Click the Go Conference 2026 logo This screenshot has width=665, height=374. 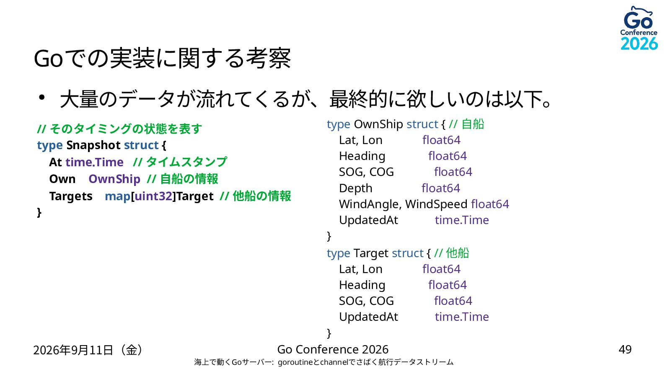pyautogui.click(x=639, y=28)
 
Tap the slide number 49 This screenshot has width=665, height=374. pyautogui.click(x=625, y=350)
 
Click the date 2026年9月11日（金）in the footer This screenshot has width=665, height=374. pyautogui.click(x=88, y=350)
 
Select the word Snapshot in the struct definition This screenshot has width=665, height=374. pyautogui.click(x=93, y=145)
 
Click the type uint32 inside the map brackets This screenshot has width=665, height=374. pyautogui.click(x=153, y=196)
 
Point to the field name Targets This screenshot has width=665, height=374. pyautogui.click(x=71, y=196)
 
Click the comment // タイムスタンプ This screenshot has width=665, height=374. pyautogui.click(x=180, y=162)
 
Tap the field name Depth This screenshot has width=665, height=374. pyautogui.click(x=355, y=188)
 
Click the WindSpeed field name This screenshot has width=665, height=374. pyautogui.click(x=436, y=204)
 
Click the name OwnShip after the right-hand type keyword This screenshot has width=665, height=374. pyautogui.click(x=378, y=124)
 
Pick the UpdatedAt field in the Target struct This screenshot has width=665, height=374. pyautogui.click(x=368, y=317)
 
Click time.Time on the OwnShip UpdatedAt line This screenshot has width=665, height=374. pyautogui.click(x=462, y=220)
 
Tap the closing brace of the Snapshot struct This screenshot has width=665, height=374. pyautogui.click(x=39, y=212)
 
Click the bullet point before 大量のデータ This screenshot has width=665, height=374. pyautogui.click(x=41, y=97)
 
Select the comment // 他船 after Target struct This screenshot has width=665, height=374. pyautogui.click(x=451, y=253)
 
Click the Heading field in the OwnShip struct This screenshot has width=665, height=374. pyautogui.click(x=362, y=156)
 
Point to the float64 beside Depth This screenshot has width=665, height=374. pyautogui.click(x=440, y=188)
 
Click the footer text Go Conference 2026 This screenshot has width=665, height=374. pyautogui.click(x=333, y=350)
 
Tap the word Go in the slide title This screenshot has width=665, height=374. pyautogui.click(x=48, y=59)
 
